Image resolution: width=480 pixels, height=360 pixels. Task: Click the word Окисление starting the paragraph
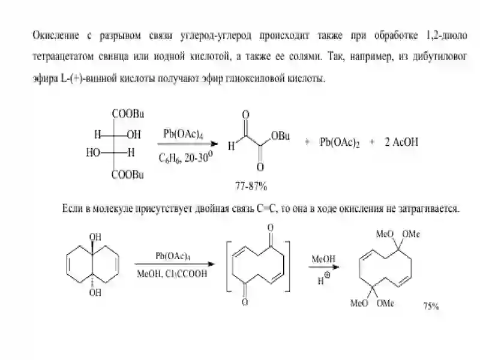tap(56, 36)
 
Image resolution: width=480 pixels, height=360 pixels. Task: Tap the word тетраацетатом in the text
tap(63, 56)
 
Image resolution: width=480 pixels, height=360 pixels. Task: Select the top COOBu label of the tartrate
tap(128, 114)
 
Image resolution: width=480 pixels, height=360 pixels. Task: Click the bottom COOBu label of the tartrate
tap(127, 175)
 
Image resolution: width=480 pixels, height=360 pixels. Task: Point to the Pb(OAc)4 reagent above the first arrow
tap(183, 134)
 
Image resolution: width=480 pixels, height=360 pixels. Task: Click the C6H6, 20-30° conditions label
tap(185, 157)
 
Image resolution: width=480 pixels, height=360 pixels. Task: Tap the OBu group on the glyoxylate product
tap(280, 136)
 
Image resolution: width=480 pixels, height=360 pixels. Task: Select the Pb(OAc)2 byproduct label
tap(340, 142)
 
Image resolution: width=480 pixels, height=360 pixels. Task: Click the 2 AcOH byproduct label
tap(401, 142)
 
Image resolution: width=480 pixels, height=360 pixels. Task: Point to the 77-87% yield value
tap(251, 186)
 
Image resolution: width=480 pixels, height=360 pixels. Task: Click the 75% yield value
tap(431, 306)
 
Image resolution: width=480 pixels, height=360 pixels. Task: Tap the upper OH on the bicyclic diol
tap(95, 237)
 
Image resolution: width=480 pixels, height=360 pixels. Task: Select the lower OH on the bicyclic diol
tap(95, 293)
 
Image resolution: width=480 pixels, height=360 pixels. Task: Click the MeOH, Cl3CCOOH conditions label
tap(172, 274)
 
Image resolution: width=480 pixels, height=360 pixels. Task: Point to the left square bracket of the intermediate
tap(228, 266)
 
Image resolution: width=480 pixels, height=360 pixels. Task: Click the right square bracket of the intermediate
tap(288, 266)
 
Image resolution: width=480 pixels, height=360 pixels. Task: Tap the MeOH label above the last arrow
tap(323, 259)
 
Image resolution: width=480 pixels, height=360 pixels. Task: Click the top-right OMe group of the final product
tap(411, 234)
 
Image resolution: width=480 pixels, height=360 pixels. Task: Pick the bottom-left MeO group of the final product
tap(359, 304)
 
